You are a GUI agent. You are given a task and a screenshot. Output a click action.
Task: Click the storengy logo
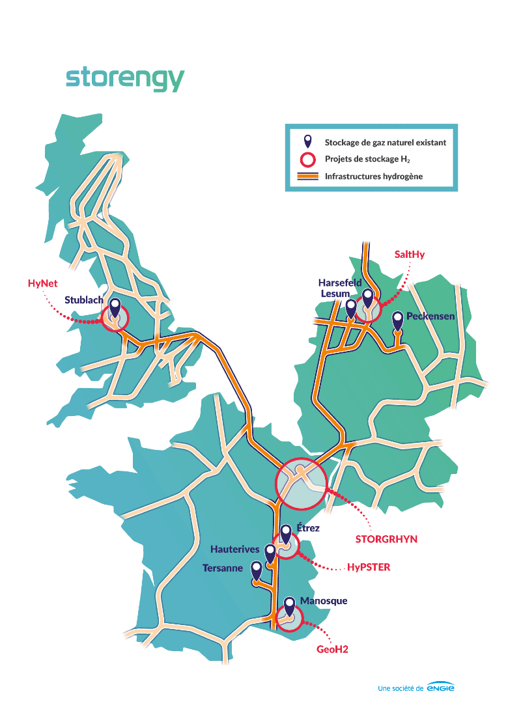tap(124, 79)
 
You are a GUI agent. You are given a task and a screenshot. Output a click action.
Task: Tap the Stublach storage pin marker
tap(115, 307)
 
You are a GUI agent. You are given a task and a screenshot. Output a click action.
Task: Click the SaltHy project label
tap(410, 255)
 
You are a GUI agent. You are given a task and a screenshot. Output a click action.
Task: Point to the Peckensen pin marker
tap(397, 320)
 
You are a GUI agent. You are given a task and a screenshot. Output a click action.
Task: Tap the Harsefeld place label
tap(339, 283)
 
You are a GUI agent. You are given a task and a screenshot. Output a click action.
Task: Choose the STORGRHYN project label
tap(386, 539)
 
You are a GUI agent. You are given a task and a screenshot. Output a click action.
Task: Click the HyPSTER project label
tap(369, 567)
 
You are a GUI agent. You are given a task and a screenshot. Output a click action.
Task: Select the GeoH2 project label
tap(332, 649)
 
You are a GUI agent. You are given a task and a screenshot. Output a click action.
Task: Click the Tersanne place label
tap(222, 568)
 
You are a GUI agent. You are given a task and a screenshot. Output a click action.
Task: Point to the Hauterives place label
tap(235, 550)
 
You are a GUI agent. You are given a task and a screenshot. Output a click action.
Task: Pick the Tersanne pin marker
tap(257, 570)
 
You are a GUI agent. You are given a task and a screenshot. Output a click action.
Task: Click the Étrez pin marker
tap(285, 534)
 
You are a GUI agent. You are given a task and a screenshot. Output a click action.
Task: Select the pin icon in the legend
tap(307, 141)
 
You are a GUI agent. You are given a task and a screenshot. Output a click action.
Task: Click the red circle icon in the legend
tap(307, 159)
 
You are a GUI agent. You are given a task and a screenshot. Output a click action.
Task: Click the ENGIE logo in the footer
tap(441, 688)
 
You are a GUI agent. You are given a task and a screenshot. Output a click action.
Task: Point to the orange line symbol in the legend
tap(307, 176)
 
